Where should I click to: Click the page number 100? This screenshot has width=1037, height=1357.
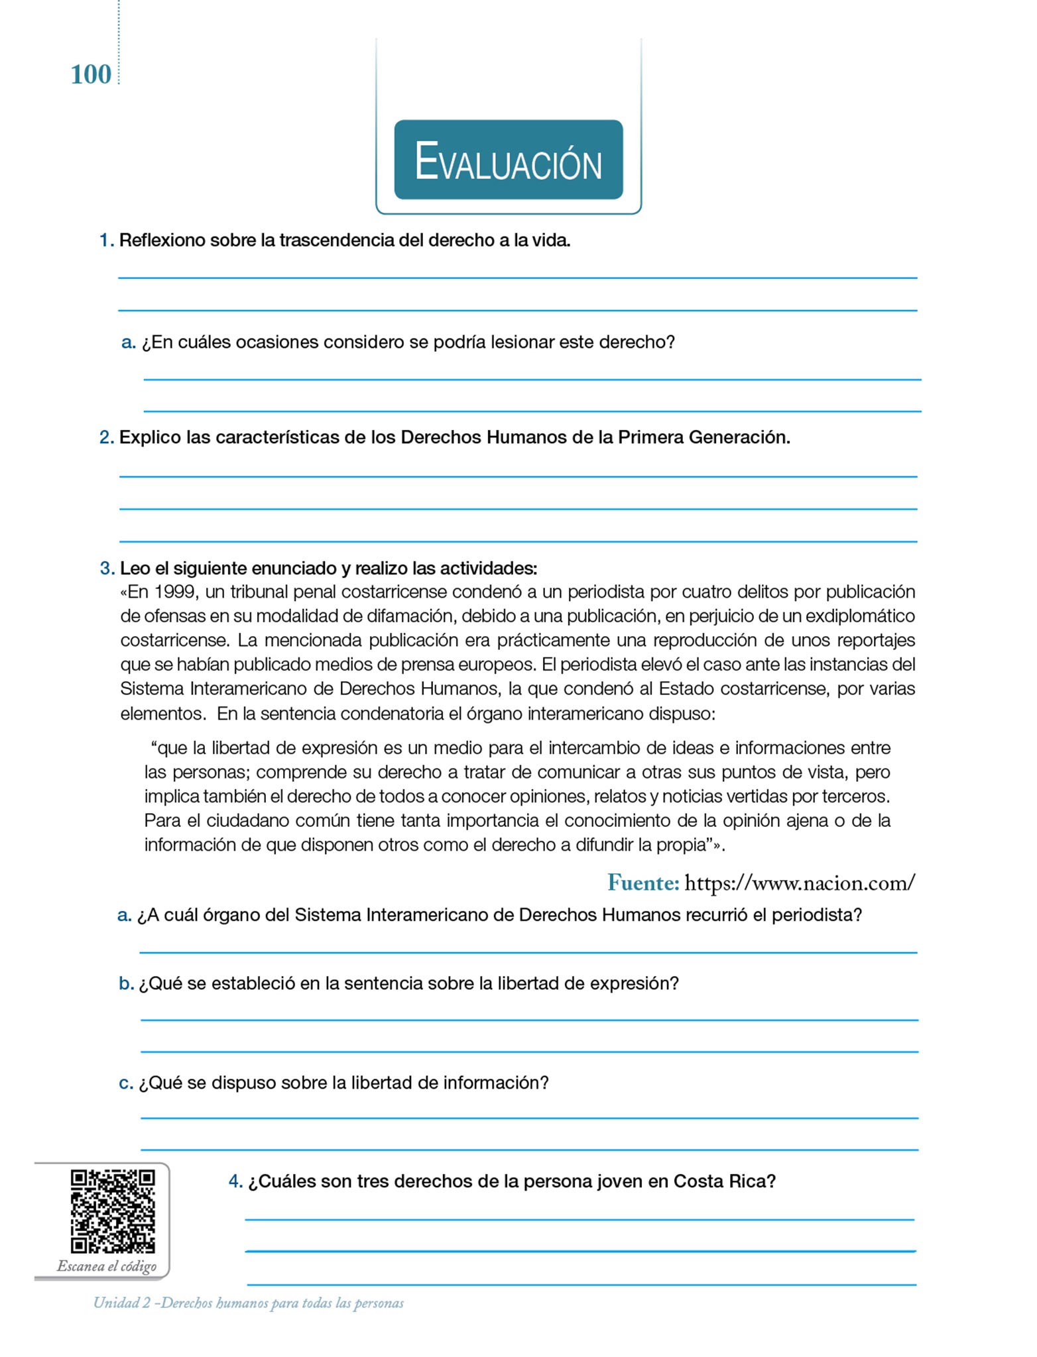click(91, 74)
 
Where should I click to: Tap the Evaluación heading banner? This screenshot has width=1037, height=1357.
click(509, 160)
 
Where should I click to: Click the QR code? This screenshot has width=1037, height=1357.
click(113, 1211)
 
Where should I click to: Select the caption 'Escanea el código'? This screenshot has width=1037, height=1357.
click(107, 1266)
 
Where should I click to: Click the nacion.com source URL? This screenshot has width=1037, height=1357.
click(800, 883)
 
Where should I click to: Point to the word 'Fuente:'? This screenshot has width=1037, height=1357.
click(643, 883)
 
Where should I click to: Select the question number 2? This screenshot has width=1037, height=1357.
click(106, 438)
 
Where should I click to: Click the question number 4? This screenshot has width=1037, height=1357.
click(235, 1181)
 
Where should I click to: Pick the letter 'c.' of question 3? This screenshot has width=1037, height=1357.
click(126, 1083)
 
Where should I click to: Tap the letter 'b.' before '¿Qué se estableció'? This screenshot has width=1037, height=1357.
click(126, 983)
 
